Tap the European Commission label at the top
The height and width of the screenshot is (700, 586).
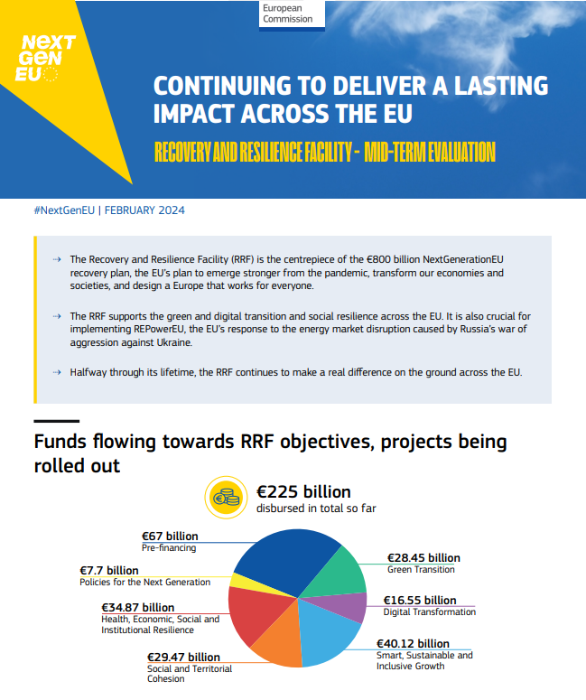pos(287,13)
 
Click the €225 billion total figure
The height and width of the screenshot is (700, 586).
pos(303,492)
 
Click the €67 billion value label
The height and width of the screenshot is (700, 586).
pos(171,537)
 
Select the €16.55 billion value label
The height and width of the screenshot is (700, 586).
pos(420,600)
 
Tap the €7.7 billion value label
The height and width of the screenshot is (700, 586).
pos(109,570)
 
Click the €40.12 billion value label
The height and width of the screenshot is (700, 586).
pos(412,644)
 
